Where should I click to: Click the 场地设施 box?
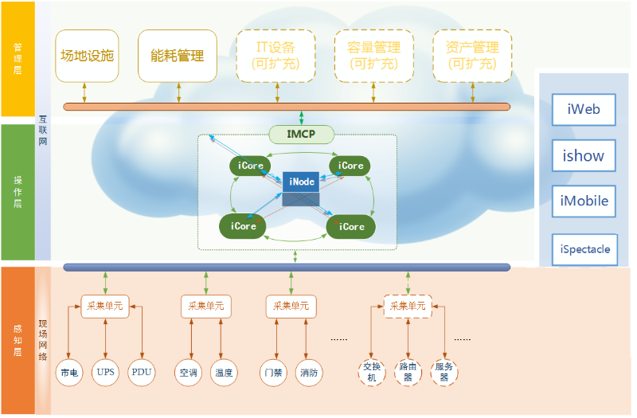(x=87, y=56)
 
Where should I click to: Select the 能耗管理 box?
(x=178, y=56)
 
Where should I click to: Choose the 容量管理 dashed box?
(x=373, y=56)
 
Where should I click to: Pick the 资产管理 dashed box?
(x=472, y=56)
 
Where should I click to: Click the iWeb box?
(x=584, y=110)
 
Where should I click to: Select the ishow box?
(x=584, y=155)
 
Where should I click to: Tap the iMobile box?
(x=584, y=201)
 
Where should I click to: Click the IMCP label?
(x=301, y=135)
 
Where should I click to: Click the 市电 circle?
(x=68, y=372)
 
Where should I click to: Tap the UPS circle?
(x=105, y=372)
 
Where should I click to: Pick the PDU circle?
(x=142, y=372)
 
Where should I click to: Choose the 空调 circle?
(x=188, y=372)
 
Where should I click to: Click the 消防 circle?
(x=308, y=372)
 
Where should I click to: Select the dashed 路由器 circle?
(x=408, y=372)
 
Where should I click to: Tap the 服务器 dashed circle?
(x=444, y=372)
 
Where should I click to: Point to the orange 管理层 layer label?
(x=18, y=59)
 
